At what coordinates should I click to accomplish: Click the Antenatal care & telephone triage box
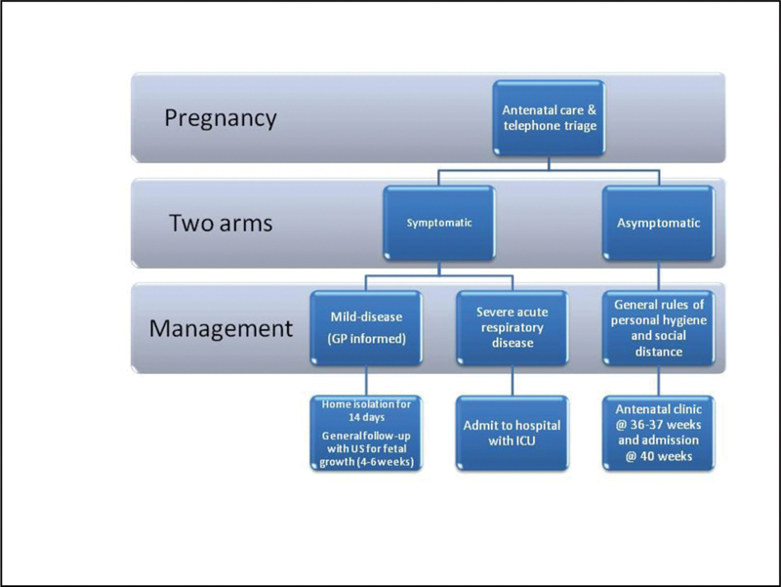(549, 117)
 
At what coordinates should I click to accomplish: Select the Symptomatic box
(438, 223)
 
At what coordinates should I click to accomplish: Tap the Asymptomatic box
(658, 223)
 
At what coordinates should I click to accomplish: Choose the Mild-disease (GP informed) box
(366, 328)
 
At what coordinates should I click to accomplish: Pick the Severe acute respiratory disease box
(512, 328)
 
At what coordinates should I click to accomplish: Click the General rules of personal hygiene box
(658, 328)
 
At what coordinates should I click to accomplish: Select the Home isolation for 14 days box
(366, 433)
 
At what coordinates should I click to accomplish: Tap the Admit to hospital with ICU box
(512, 433)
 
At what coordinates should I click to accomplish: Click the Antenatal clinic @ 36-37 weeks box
(658, 433)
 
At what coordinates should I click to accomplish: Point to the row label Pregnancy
(221, 118)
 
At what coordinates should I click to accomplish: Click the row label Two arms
(221, 223)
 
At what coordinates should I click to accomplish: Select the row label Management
(221, 328)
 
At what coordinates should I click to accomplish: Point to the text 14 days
(366, 417)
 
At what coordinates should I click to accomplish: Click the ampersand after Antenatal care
(592, 109)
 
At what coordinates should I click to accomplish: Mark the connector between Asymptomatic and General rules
(658, 275)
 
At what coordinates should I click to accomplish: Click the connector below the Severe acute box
(512, 381)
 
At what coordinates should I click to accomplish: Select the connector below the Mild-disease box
(366, 381)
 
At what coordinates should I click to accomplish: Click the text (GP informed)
(366, 339)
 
